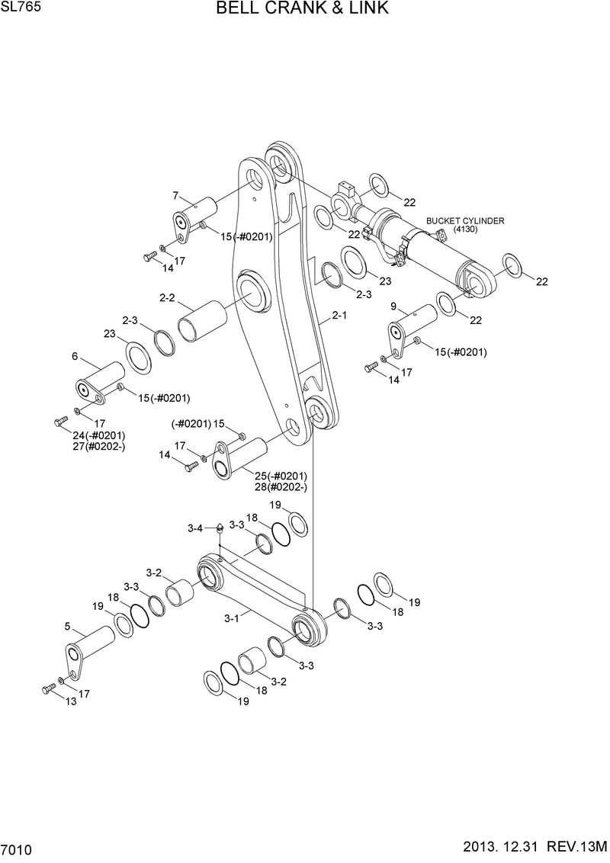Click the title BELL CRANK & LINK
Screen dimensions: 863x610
pos(303,9)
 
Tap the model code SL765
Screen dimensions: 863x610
pos(17,7)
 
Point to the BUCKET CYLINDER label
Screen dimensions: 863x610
pos(465,220)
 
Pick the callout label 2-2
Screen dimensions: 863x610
pos(167,298)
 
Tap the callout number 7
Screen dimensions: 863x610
pos(175,195)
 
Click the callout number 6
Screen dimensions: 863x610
pos(75,356)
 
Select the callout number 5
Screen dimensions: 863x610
pos(67,627)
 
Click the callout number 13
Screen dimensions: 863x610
pos(71,702)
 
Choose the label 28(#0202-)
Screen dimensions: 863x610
pos(281,486)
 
